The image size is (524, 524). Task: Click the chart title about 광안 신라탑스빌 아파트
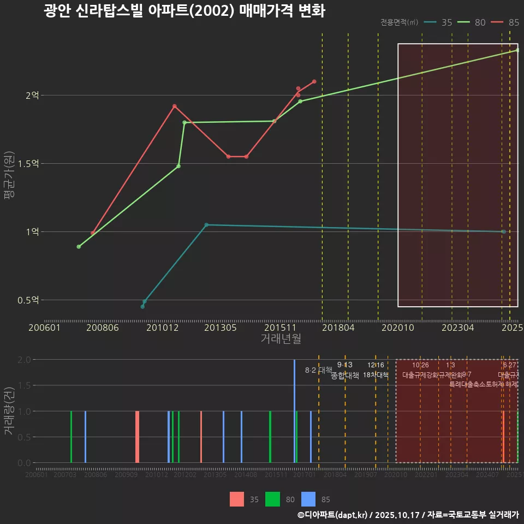tap(184, 11)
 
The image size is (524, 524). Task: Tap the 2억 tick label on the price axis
tap(32, 96)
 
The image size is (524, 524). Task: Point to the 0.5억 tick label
tap(28, 300)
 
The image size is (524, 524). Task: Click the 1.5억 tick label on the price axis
tap(28, 164)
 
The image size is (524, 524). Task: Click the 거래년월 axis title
tap(281, 339)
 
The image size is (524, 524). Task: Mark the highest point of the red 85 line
tap(314, 81)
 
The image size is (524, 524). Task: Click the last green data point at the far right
tap(517, 50)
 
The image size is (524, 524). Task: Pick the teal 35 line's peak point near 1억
tap(206, 225)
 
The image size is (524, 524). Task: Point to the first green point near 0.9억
tap(79, 247)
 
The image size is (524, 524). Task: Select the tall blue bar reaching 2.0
tap(294, 410)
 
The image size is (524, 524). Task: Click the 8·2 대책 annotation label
tap(318, 370)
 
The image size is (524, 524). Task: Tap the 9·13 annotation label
tap(344, 365)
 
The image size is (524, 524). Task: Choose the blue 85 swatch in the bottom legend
tap(308, 499)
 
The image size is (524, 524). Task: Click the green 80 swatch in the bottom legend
tap(272, 499)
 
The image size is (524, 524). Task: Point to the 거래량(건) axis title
tap(8, 410)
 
